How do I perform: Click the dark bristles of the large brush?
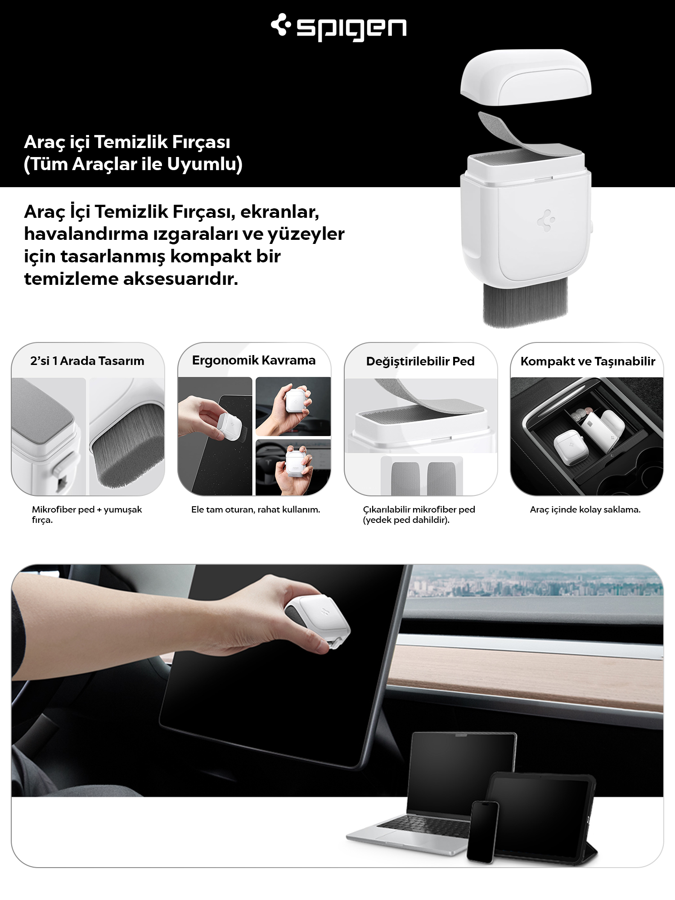(525, 303)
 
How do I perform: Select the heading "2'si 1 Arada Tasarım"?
(87, 361)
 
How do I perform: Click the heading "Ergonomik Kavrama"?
(254, 360)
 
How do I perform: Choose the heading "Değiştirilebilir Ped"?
(420, 361)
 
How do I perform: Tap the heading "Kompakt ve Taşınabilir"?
(588, 361)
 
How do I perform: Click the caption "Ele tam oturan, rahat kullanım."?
(256, 509)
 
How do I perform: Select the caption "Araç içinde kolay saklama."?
(585, 509)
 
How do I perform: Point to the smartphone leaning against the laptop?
(483, 832)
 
